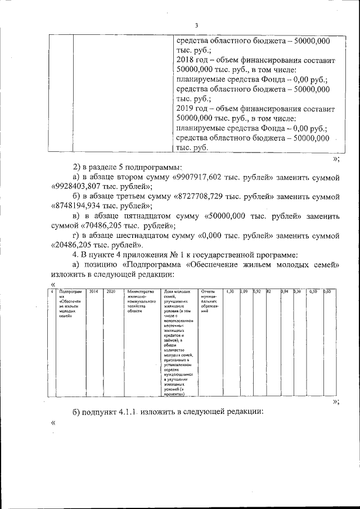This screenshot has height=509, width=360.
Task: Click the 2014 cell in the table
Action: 93,291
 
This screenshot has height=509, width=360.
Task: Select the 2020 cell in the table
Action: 111,291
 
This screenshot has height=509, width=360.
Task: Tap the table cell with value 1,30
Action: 229,291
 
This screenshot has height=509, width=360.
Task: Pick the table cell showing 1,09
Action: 245,291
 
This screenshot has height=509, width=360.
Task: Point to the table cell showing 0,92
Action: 258,291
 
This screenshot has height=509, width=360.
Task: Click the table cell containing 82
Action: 269,291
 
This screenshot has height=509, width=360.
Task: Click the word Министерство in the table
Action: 141,291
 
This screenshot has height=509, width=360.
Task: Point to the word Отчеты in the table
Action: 208,291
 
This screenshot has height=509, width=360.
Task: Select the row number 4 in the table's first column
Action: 52,291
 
